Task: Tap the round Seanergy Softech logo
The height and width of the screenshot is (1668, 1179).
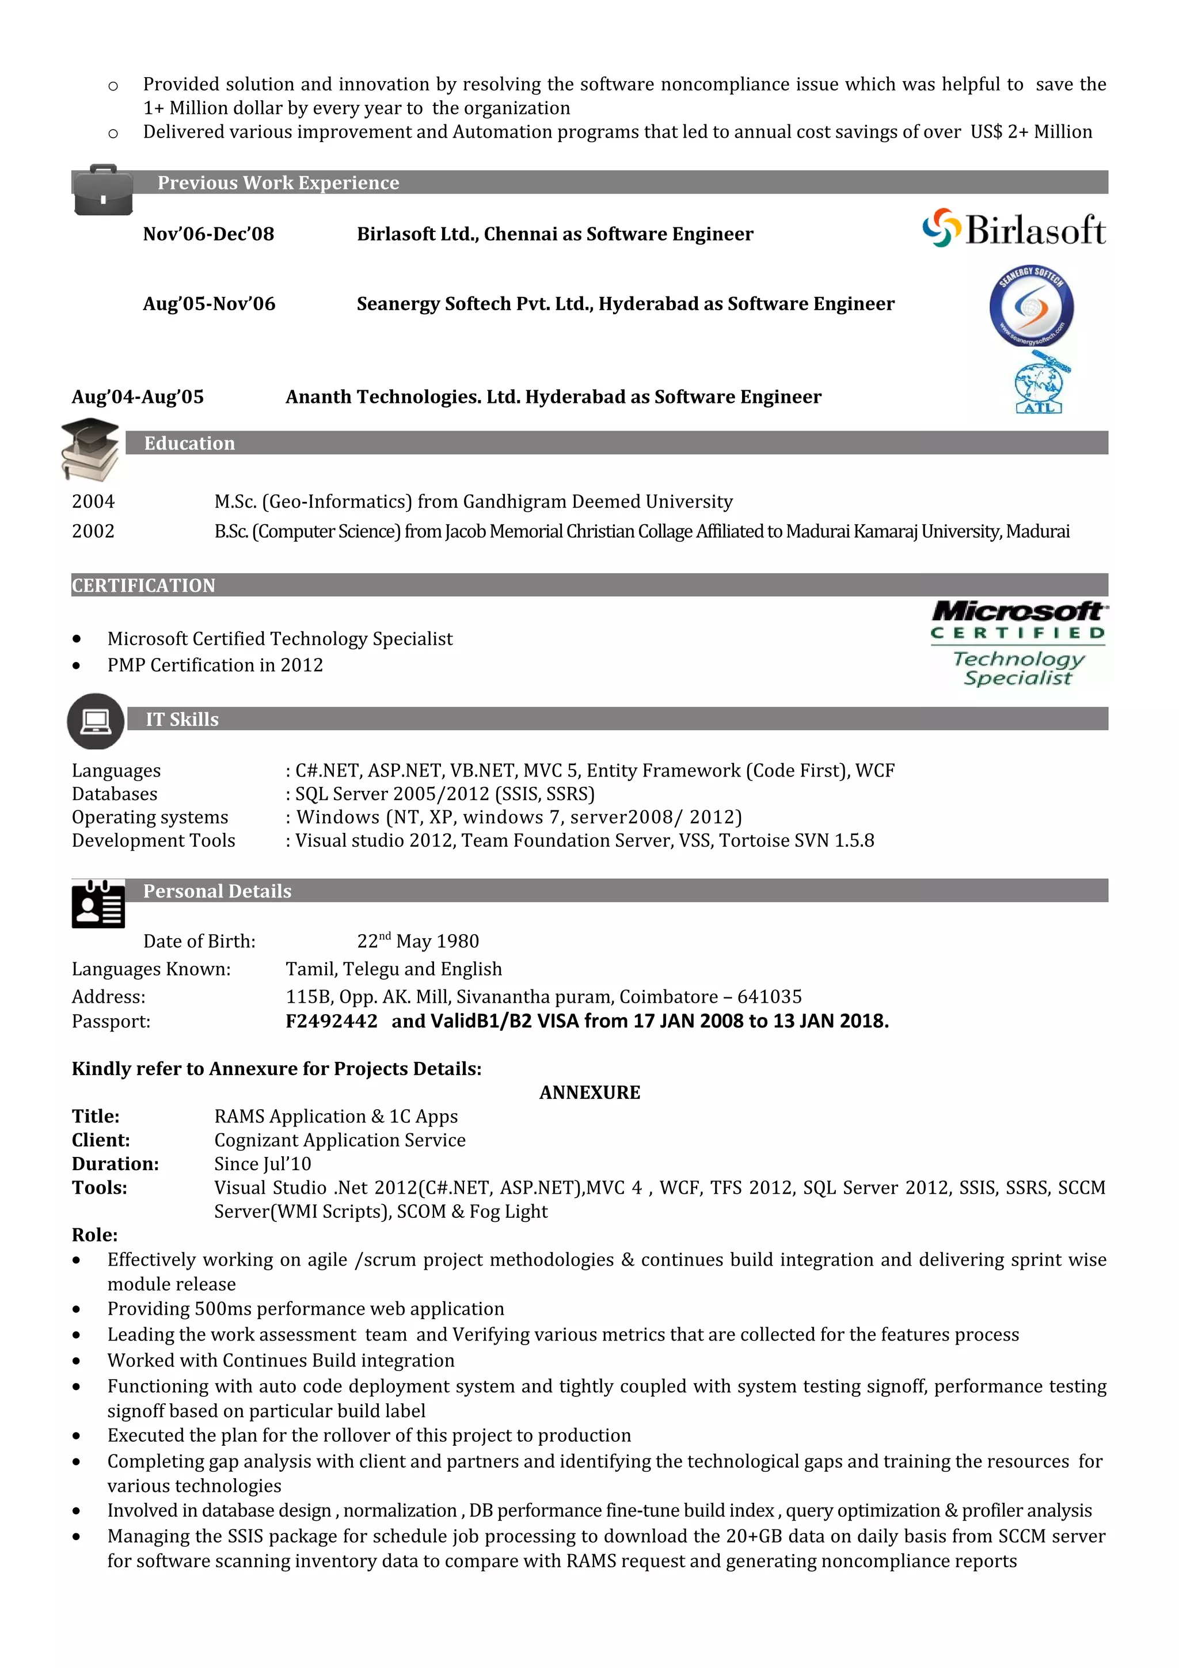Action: (1031, 306)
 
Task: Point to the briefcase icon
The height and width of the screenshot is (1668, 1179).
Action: (103, 191)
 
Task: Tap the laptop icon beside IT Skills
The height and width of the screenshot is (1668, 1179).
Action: (95, 721)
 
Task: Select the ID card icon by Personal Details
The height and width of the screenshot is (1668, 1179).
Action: (98, 904)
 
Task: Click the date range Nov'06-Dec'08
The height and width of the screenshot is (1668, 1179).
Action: (208, 234)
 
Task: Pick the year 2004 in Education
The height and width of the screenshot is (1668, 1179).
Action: (93, 501)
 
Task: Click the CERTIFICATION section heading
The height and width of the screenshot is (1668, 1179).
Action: (144, 585)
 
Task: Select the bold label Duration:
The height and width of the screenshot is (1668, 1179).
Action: (115, 1163)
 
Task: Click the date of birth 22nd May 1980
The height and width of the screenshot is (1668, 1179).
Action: (418, 941)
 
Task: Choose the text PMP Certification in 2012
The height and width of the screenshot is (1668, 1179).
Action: (215, 665)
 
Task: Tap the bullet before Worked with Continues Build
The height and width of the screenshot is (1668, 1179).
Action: (76, 1361)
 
